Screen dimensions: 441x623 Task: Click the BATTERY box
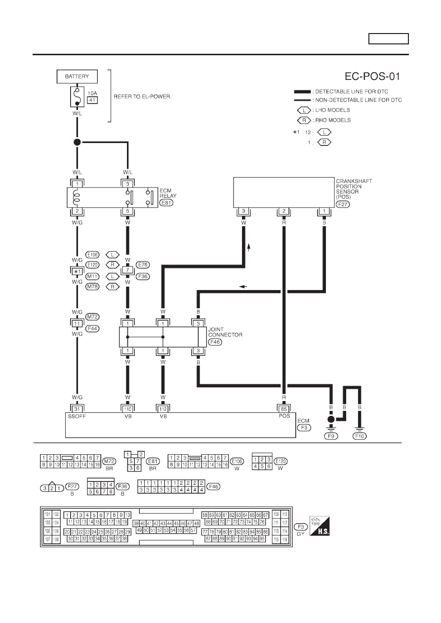click(77, 76)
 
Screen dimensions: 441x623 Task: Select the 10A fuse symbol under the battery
click(77, 97)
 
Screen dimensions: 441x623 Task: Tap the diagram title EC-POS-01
click(372, 76)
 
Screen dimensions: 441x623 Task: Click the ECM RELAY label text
click(168, 193)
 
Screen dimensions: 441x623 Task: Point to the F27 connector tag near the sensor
click(343, 204)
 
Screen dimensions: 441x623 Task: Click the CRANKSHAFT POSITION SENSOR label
click(354, 189)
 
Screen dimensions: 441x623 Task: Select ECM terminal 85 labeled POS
click(284, 409)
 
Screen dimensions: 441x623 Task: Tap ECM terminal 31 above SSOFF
click(77, 409)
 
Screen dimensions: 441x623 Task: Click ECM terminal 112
click(163, 409)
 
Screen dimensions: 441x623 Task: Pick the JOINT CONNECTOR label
click(225, 332)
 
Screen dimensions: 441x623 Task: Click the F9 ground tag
click(331, 436)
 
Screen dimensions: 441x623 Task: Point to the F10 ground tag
click(360, 436)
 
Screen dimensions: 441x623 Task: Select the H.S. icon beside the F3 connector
click(320, 526)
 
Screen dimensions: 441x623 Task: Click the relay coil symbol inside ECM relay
click(76, 197)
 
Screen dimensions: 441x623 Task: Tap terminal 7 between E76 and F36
click(127, 270)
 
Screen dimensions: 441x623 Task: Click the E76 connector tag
click(143, 264)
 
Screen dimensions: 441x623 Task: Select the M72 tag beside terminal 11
click(92, 317)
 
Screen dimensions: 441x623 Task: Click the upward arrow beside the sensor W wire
click(248, 247)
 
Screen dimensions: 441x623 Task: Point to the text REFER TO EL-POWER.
click(143, 97)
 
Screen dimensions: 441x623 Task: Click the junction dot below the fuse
click(77, 142)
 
